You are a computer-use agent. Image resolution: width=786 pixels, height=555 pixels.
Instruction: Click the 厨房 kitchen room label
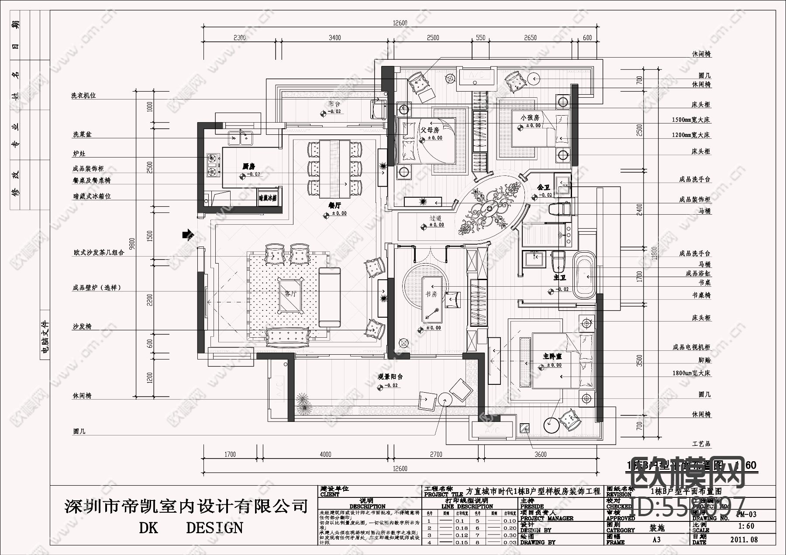pyautogui.click(x=248, y=166)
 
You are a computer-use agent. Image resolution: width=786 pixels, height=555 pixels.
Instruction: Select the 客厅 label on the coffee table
pyautogui.click(x=291, y=294)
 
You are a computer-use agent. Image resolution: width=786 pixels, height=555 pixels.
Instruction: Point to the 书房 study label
pyautogui.click(x=431, y=294)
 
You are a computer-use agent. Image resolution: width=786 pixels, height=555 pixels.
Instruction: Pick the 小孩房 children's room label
pyautogui.click(x=530, y=118)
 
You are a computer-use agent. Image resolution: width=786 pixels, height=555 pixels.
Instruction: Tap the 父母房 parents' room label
pyautogui.click(x=430, y=130)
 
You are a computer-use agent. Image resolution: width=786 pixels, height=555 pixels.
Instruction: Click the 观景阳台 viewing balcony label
pyautogui.click(x=390, y=377)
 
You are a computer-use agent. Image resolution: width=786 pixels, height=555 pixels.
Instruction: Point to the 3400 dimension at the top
pyautogui.click(x=334, y=38)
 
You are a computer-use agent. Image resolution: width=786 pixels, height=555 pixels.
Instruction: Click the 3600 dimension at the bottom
pyautogui.click(x=540, y=455)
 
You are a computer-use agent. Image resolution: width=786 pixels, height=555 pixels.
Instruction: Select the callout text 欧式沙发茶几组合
pyautogui.click(x=99, y=253)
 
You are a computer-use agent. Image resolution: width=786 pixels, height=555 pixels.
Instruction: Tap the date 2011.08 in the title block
pyautogui.click(x=744, y=539)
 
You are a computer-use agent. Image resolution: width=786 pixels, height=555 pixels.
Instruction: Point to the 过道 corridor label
pyautogui.click(x=435, y=218)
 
